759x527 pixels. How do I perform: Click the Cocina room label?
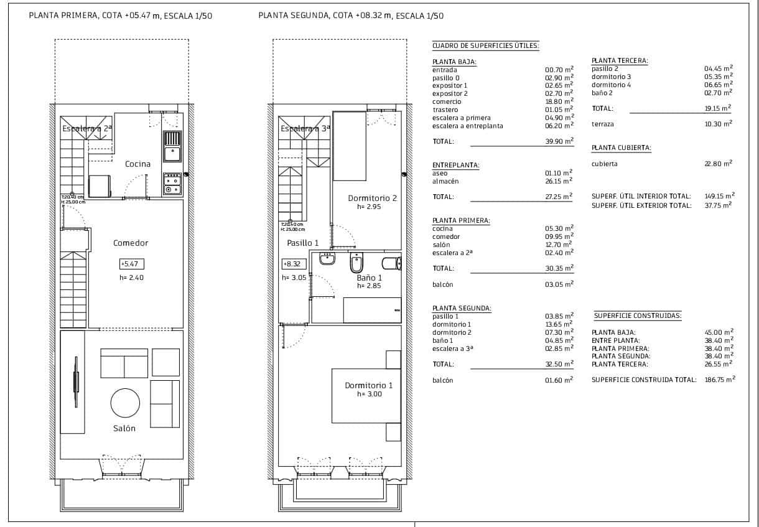[137, 164]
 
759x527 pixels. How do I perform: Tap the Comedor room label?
[131, 243]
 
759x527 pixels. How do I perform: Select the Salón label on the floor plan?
[124, 428]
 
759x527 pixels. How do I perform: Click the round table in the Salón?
[126, 404]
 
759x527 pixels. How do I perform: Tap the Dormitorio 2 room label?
[372, 198]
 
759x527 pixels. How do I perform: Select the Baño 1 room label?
[369, 278]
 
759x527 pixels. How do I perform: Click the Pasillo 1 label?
[302, 243]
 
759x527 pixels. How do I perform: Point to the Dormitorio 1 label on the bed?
[369, 386]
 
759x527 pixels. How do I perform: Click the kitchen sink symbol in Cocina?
[172, 145]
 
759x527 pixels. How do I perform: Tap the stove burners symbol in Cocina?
[172, 184]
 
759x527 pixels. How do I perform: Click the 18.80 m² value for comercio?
[559, 101]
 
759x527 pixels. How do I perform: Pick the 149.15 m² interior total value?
[719, 197]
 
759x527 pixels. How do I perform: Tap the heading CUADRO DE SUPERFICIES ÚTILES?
[485, 46]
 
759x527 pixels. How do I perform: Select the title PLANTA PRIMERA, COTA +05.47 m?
[121, 16]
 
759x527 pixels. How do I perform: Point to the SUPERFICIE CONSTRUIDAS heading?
[637, 316]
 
